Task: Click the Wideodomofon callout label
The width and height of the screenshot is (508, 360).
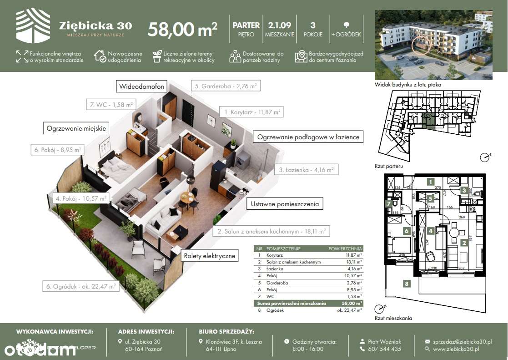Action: [x=141, y=86]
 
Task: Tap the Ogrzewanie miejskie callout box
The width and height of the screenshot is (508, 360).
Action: [x=76, y=128]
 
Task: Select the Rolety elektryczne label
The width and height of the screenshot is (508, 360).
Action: [x=210, y=256]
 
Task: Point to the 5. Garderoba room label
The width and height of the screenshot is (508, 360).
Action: [x=225, y=86]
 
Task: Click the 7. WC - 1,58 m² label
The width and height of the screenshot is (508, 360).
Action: [x=110, y=105]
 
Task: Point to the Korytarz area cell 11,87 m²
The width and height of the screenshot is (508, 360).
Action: [x=353, y=255]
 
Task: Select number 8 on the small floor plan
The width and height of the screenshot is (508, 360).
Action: [x=407, y=284]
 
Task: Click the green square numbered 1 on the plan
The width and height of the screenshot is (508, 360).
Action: [x=430, y=181]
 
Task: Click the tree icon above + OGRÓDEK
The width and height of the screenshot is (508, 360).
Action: [x=347, y=25]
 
